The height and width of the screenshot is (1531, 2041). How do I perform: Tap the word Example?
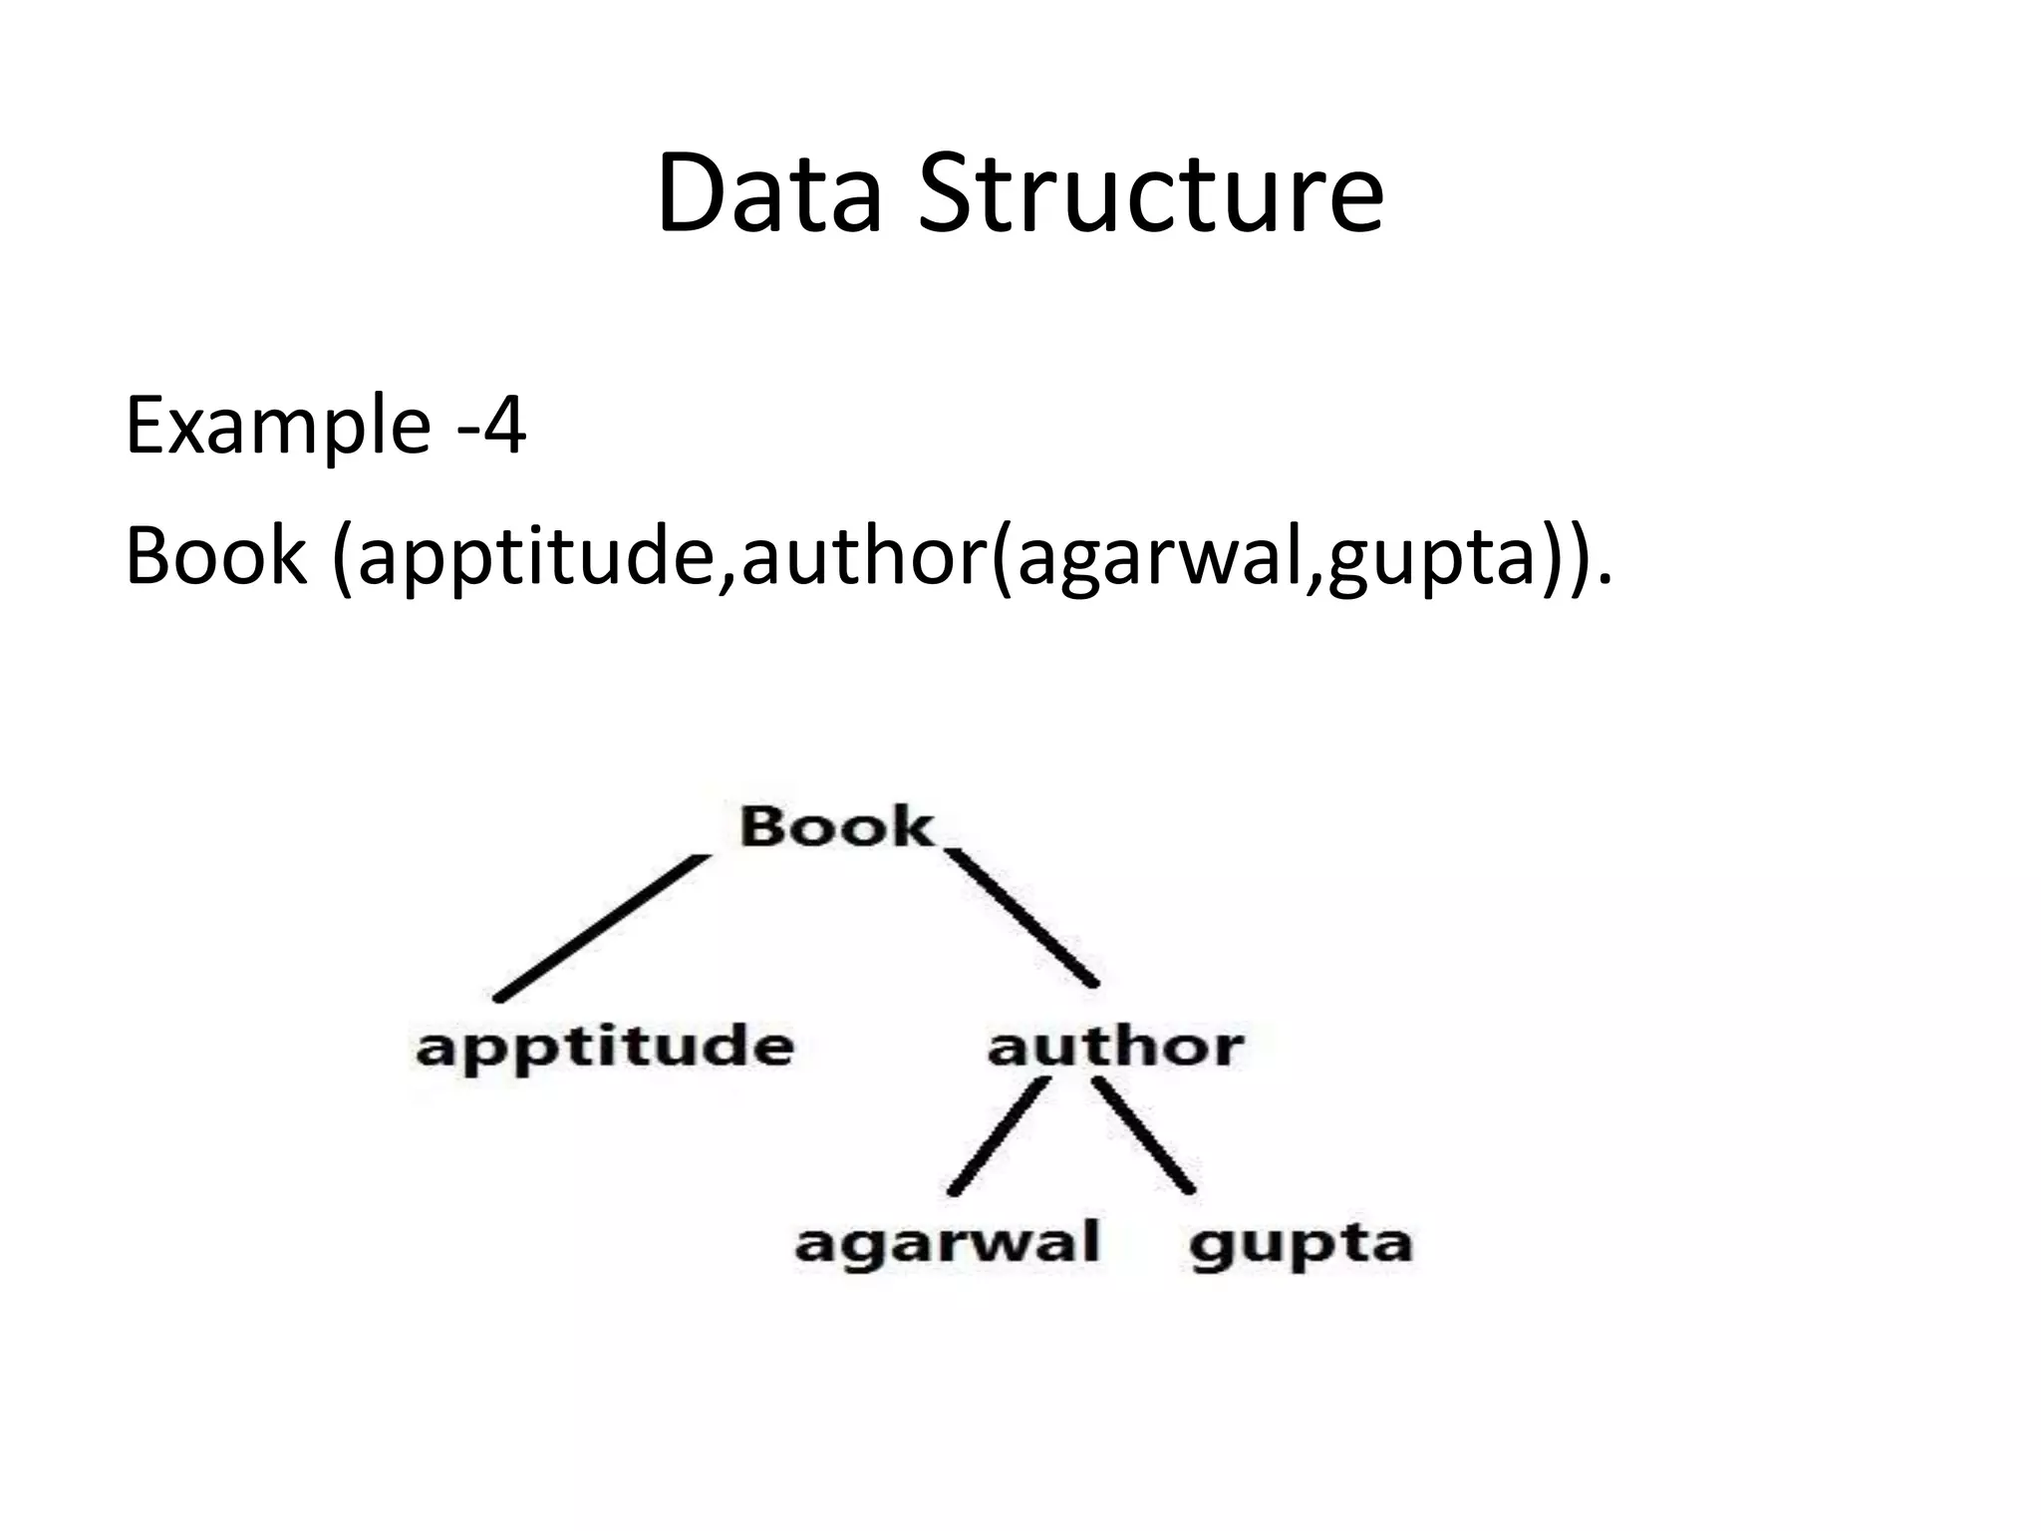[277, 427]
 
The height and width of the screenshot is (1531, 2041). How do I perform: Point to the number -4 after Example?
[490, 427]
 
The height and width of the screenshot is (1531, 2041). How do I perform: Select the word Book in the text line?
[215, 556]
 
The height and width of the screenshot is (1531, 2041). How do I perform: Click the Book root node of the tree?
[835, 827]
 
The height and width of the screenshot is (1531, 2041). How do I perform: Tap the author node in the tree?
[1115, 1047]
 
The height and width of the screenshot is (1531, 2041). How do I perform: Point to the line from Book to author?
[1021, 917]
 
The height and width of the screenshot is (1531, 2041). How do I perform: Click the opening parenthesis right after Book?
[343, 558]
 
